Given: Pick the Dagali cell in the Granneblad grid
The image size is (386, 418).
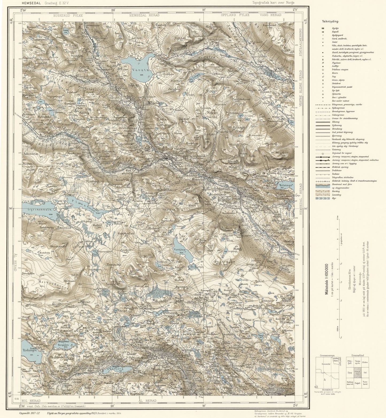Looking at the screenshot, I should (x=357, y=383).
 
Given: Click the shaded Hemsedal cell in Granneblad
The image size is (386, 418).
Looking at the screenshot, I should (x=357, y=372).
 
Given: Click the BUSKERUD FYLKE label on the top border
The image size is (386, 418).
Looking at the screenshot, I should (x=68, y=16).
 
